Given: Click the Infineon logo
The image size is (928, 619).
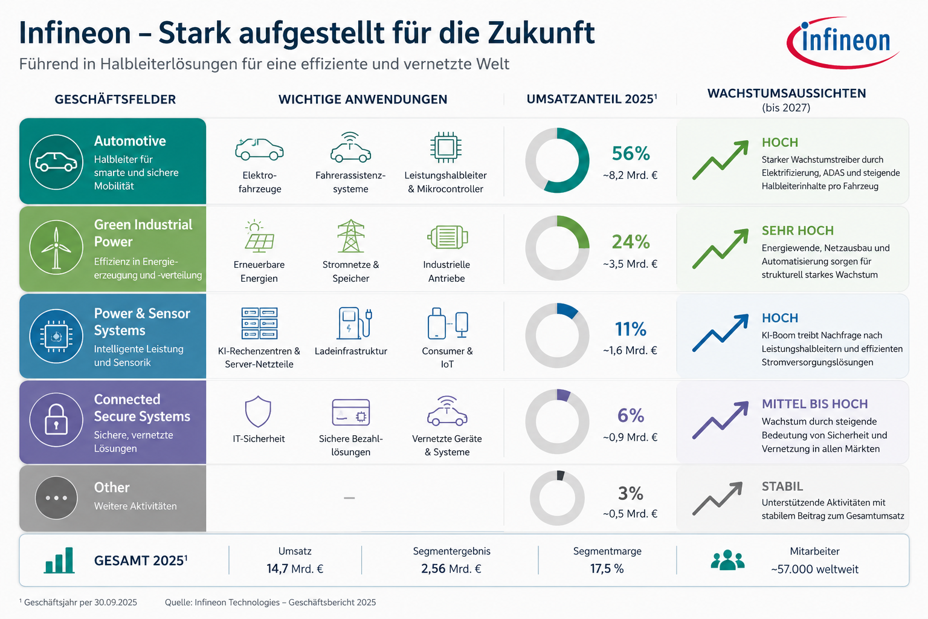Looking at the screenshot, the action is [842, 43].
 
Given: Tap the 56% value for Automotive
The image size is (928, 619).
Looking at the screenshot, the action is [631, 154].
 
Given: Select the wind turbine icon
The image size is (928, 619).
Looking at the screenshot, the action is [56, 247].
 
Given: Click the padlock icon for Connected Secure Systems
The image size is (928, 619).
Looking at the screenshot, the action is [56, 419].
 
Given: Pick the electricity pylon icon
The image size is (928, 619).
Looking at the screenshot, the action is [351, 236].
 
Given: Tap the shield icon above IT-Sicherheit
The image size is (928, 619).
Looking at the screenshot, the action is [258, 411].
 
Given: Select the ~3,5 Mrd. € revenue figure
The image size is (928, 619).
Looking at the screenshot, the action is [630, 264].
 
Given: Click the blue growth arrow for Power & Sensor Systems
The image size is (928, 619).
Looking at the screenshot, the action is [720, 333].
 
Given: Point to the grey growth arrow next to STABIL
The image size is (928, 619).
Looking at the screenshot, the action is [717, 499].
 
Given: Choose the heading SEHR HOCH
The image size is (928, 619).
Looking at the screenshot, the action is [797, 230].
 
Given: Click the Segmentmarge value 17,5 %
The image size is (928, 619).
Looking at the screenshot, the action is [607, 568].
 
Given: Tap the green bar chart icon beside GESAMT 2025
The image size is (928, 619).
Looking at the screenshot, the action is [59, 560].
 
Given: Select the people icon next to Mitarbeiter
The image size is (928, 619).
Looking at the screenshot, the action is [727, 560].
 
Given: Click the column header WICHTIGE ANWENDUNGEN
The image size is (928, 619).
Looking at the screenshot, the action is [362, 100].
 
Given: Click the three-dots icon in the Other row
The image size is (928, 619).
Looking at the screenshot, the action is [56, 498].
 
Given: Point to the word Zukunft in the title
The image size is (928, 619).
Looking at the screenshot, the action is [541, 33].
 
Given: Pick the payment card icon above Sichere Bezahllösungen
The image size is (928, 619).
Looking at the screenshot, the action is [351, 412].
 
